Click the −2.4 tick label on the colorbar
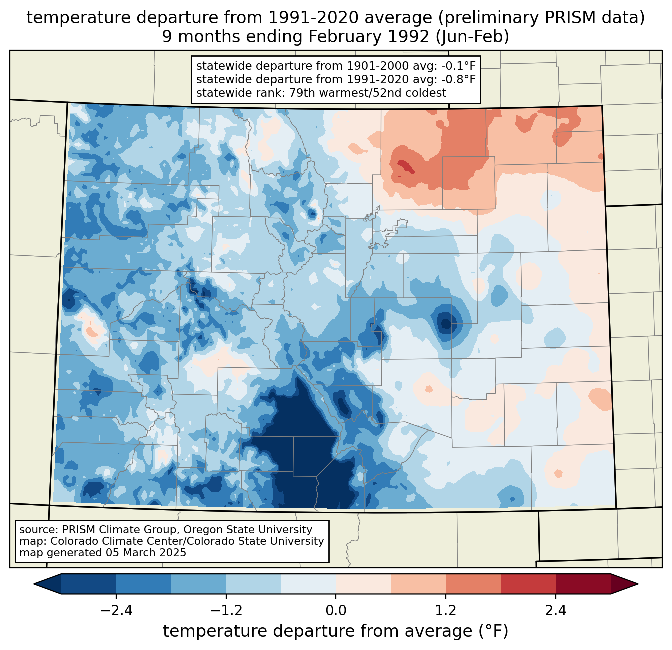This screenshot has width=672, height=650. (x=116, y=611)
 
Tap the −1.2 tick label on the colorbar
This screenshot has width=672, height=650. (x=226, y=611)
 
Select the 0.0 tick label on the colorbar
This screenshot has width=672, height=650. (x=336, y=611)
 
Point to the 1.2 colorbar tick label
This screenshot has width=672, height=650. (x=446, y=611)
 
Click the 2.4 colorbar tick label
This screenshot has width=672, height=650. (x=555, y=611)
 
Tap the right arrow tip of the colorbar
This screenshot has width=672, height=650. (x=636, y=584)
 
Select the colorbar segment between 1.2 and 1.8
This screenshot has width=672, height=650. (x=473, y=584)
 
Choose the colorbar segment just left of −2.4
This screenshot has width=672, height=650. (x=89, y=584)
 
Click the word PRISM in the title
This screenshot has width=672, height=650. (x=579, y=18)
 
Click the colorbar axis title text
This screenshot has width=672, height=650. (x=335, y=631)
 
